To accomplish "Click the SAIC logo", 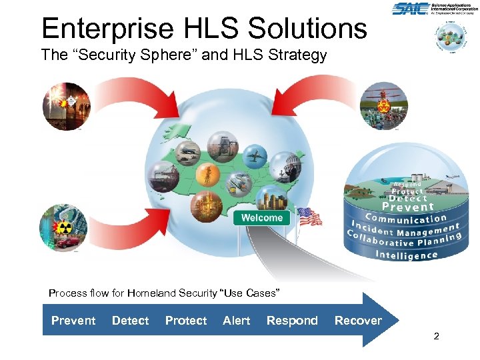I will click(x=409, y=9).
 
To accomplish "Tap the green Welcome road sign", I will click(x=261, y=218).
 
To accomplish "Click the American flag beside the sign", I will click(x=309, y=217).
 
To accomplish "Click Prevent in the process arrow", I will click(x=73, y=321).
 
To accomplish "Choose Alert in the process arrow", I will click(x=237, y=321).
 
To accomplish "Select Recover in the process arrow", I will click(x=358, y=321).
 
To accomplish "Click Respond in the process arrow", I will click(x=292, y=321).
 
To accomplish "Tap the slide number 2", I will click(x=436, y=337).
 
